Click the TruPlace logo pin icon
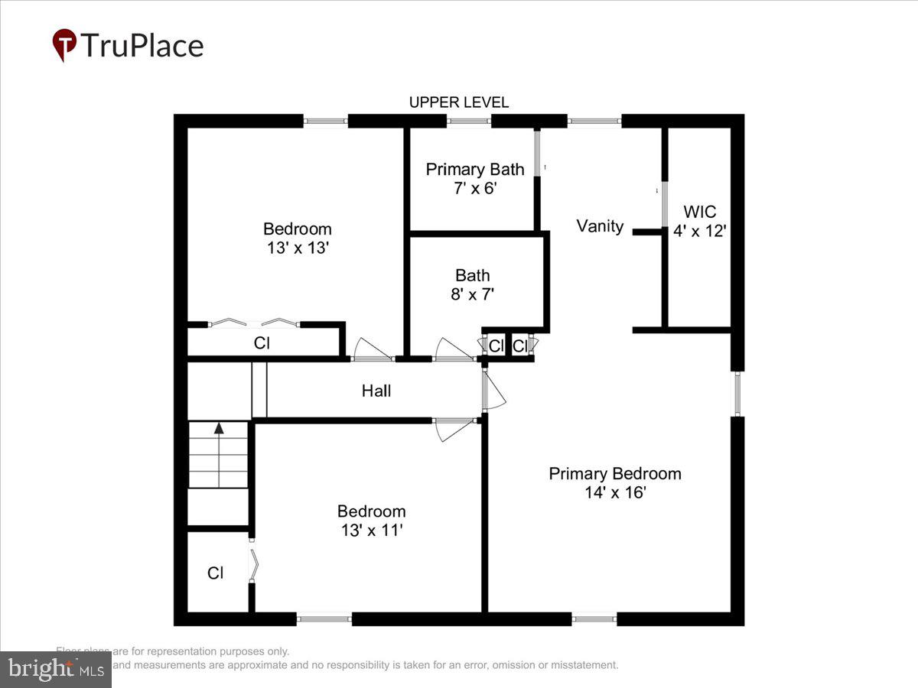64,44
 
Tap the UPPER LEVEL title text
458,102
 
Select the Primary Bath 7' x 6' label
475,178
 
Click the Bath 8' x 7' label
472,284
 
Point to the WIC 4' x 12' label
699,221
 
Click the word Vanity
600,226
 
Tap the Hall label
376,391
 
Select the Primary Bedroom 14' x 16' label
614,482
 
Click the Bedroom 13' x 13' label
297,238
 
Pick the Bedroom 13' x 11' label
371,521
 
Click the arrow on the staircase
219,429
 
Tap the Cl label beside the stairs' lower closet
216,573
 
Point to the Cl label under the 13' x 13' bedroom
262,343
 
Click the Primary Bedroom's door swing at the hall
494,392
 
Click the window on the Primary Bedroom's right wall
737,393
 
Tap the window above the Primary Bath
468,121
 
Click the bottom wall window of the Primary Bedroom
594,618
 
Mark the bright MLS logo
55,670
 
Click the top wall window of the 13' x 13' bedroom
325,121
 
